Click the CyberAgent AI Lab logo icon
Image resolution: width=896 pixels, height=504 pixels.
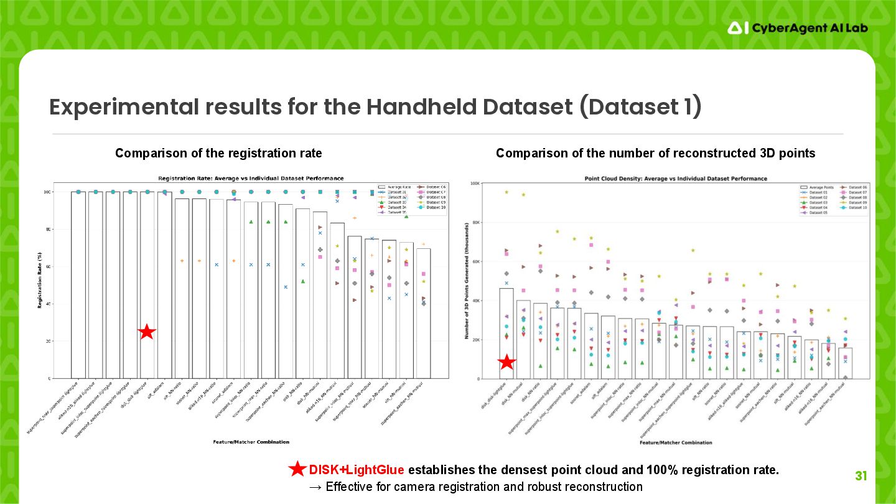click(x=737, y=27)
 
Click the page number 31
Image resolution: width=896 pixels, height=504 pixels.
click(x=861, y=477)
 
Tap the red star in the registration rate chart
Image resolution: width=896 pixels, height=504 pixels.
click(x=146, y=332)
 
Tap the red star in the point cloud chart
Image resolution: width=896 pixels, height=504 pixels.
click(x=507, y=362)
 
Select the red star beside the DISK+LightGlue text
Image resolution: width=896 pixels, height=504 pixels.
click(x=297, y=469)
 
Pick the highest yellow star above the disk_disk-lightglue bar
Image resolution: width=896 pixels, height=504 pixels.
click(x=506, y=192)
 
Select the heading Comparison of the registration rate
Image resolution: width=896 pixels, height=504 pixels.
click(x=218, y=153)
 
